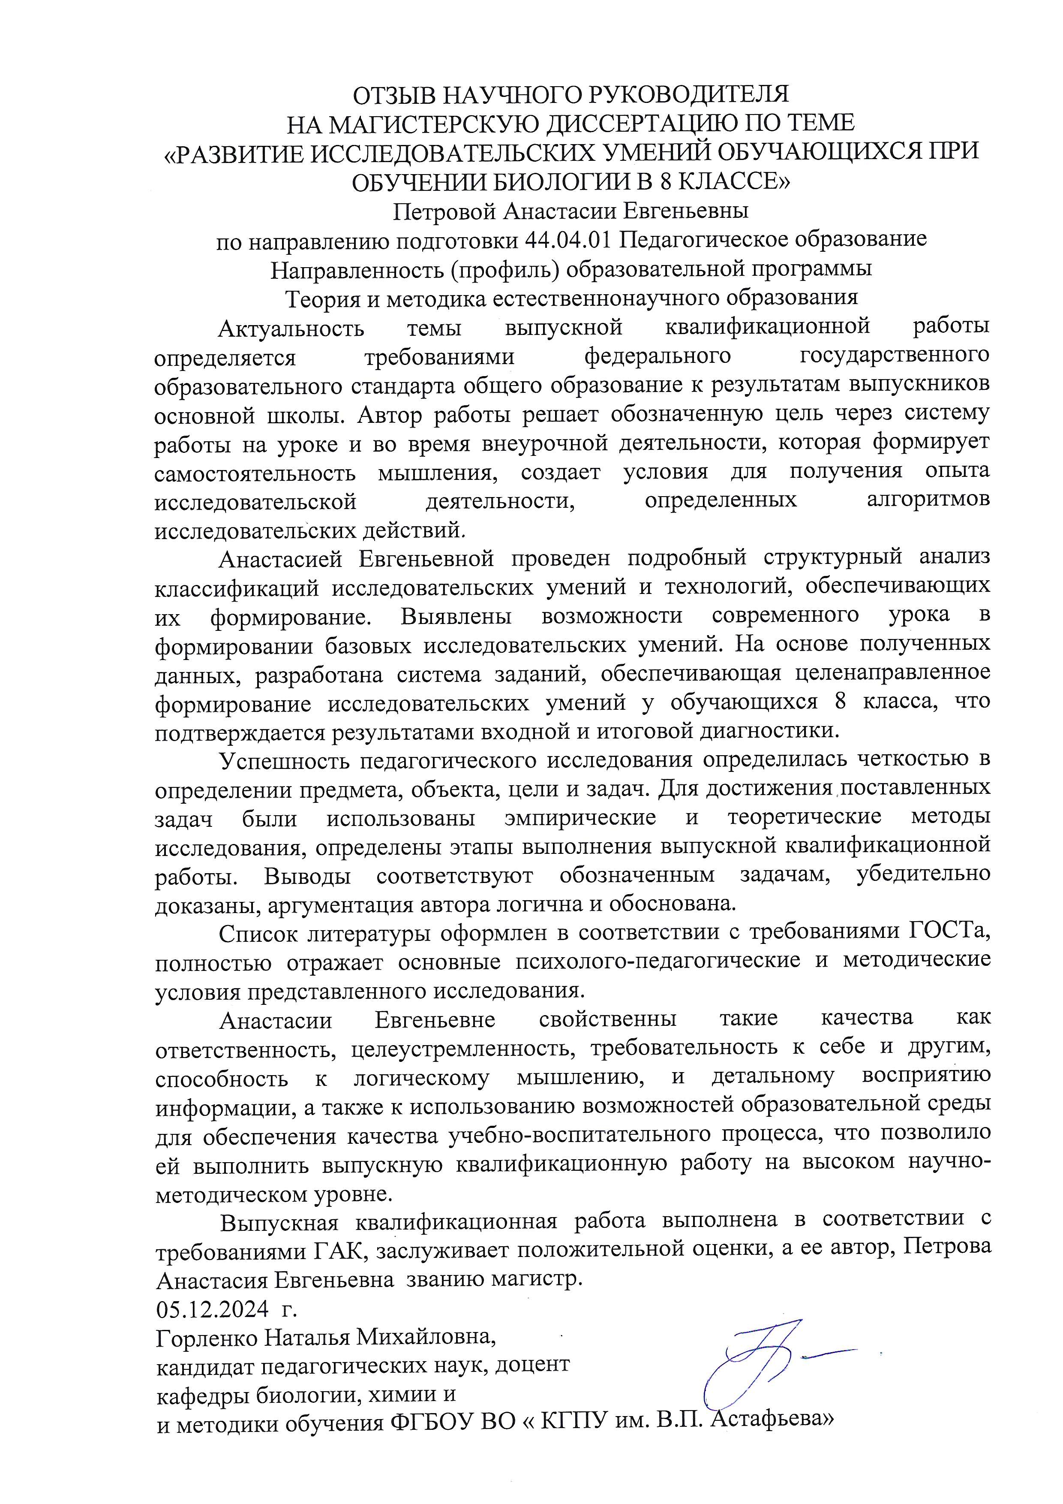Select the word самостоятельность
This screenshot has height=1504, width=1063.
[255, 472]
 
